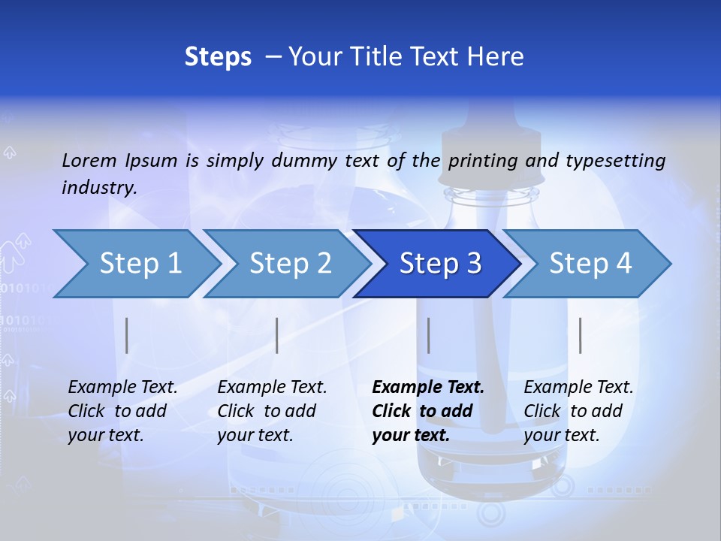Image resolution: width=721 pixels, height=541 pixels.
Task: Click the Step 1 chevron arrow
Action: click(140, 264)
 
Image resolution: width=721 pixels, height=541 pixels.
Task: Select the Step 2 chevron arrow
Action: click(290, 264)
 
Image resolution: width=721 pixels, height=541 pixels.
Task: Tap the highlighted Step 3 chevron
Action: click(440, 264)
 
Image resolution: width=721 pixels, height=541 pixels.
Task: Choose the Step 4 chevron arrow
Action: click(590, 264)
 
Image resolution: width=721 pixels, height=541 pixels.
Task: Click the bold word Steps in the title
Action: click(218, 57)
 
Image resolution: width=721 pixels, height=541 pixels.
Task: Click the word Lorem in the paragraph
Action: click(89, 160)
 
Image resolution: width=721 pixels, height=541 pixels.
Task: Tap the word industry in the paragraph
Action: click(98, 187)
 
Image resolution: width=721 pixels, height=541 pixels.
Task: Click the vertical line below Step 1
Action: click(127, 335)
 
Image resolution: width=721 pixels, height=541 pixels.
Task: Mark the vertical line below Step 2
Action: click(277, 335)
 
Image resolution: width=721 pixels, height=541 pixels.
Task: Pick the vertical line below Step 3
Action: click(428, 335)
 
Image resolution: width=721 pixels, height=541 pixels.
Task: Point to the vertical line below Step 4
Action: click(580, 335)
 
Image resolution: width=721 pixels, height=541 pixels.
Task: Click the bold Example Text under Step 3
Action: click(428, 388)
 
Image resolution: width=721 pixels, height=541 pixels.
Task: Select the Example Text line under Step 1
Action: click(122, 388)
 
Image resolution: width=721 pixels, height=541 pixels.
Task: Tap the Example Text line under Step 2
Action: click(272, 388)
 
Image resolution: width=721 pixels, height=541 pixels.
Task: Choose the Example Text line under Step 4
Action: click(578, 388)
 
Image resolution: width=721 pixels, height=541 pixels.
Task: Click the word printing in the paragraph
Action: click(483, 160)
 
